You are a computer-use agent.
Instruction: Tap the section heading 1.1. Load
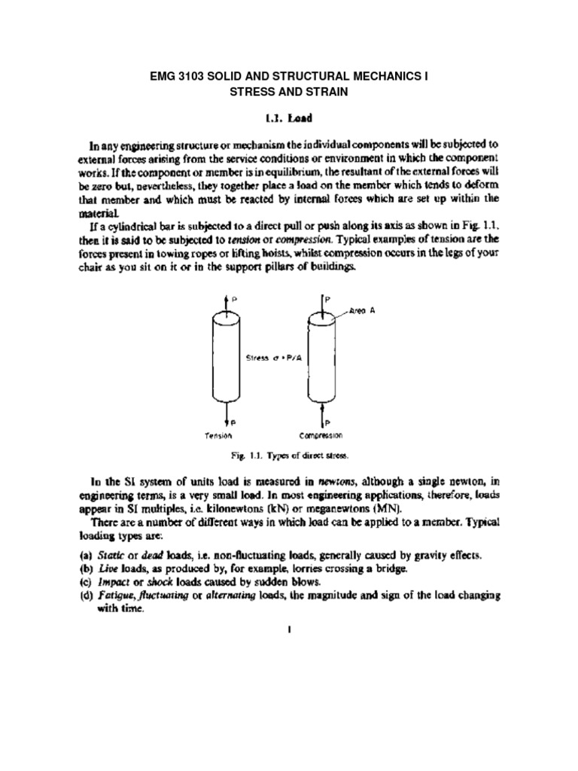tap(289, 119)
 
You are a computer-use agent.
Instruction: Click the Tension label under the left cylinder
tap(218, 435)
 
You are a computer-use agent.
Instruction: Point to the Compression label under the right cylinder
tap(321, 435)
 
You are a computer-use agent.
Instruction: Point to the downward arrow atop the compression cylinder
tap(322, 301)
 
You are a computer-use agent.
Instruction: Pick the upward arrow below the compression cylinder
tap(322, 417)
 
